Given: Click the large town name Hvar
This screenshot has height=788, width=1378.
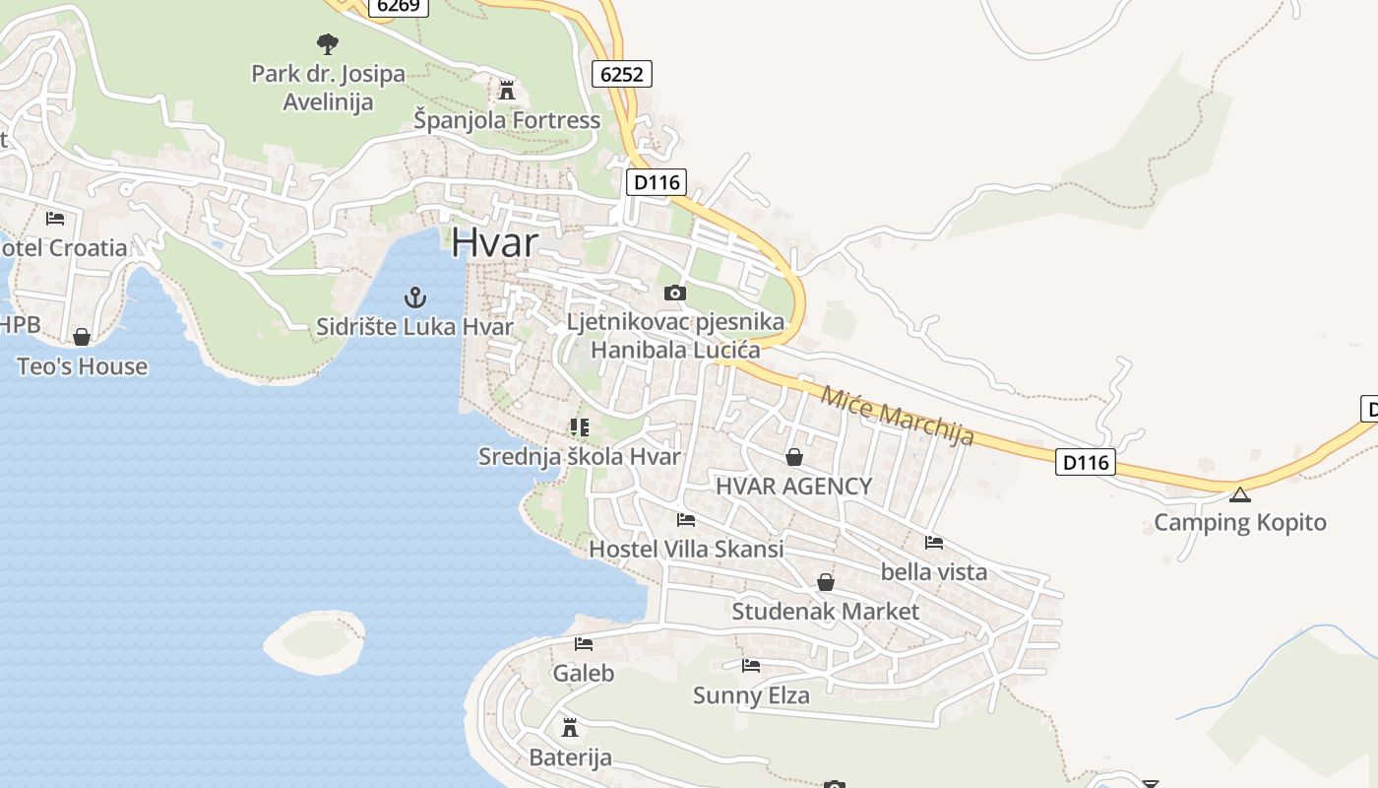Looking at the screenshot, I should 495,243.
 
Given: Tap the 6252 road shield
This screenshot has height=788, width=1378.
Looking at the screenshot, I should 622,74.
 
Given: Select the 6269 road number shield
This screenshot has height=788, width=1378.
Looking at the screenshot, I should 398,6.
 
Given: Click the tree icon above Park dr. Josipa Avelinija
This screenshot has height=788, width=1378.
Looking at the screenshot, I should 328,43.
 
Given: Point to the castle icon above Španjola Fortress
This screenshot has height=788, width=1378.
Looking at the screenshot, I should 507,91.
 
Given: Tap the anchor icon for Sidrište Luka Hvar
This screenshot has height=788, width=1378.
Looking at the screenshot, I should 415,296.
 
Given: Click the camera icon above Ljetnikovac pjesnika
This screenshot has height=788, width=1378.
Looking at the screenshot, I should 674,293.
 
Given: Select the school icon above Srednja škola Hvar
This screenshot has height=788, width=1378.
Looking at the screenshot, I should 579,427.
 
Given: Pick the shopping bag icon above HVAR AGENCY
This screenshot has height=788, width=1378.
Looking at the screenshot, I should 794,457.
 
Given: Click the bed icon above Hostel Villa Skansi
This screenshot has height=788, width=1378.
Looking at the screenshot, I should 686,519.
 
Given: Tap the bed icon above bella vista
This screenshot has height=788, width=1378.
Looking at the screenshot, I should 934,542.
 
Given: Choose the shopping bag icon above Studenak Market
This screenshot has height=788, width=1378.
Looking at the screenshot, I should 826,582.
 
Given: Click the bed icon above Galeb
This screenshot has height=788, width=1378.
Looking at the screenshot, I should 584,644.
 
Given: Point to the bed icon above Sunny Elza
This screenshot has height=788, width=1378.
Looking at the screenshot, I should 751,666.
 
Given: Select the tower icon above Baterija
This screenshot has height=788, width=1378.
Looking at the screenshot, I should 569,728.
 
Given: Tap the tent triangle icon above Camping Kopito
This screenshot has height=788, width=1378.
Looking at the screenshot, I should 1239,493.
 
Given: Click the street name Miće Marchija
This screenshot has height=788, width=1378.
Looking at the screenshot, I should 897,416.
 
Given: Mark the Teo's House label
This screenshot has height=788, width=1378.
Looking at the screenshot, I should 82,366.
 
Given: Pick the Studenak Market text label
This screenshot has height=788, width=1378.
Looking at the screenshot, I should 825,612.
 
